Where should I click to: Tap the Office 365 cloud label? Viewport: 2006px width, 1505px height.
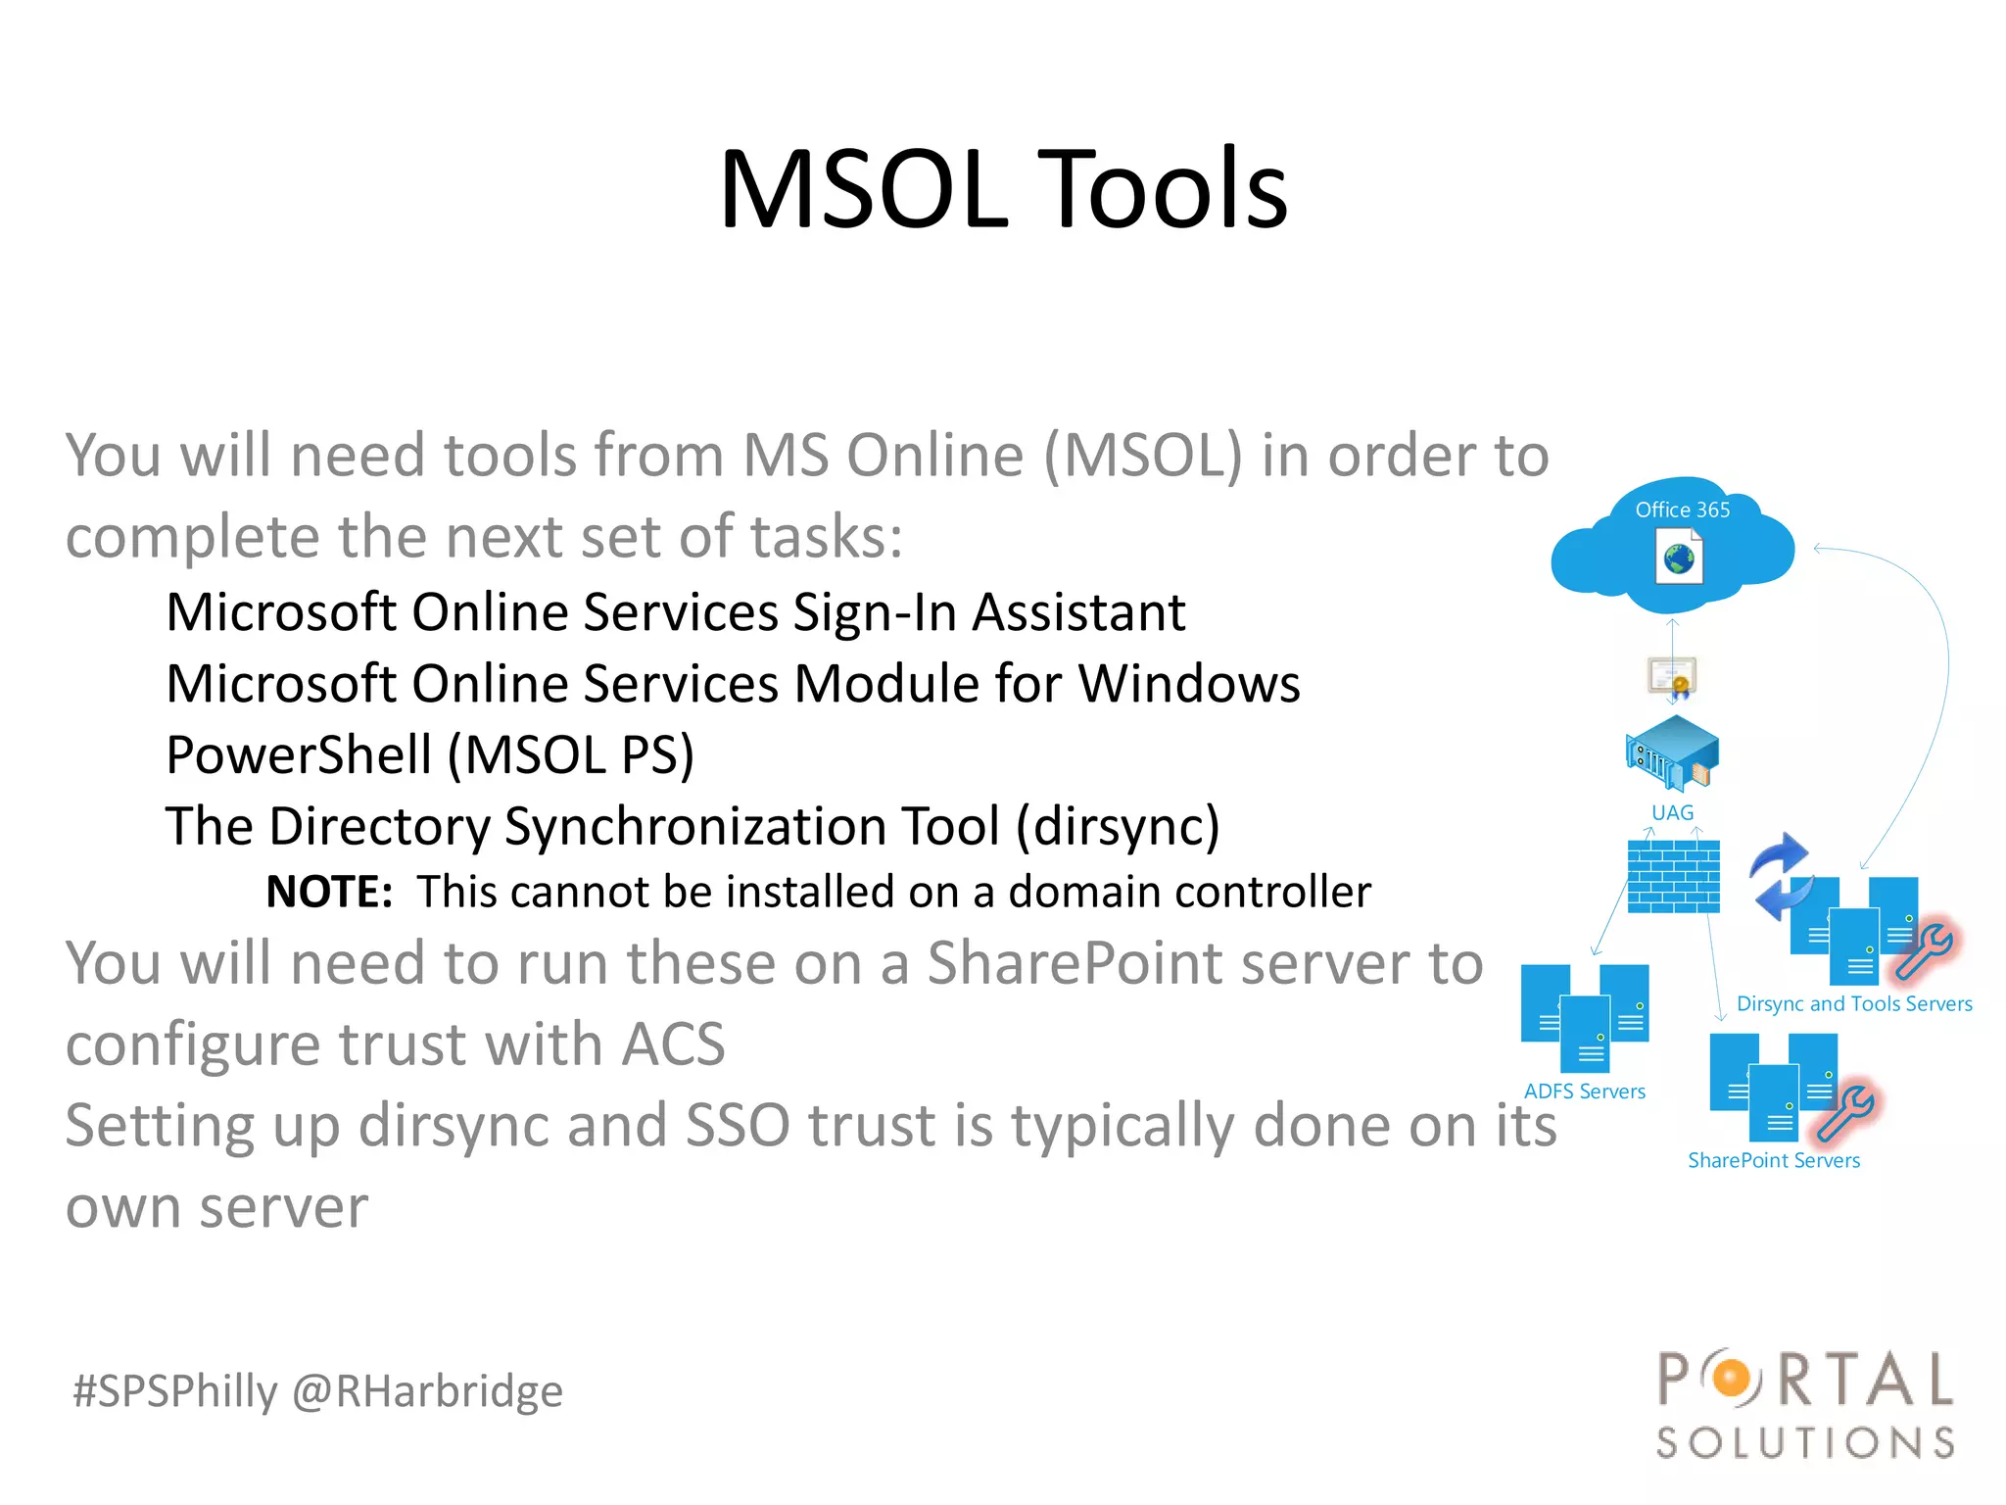(x=1682, y=510)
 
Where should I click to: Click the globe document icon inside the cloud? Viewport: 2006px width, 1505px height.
(x=1679, y=558)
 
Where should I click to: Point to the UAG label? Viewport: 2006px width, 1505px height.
(x=1672, y=812)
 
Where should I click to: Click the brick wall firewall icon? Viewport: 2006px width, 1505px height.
(x=1673, y=877)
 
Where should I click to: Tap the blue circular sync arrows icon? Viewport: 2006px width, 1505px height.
(x=1780, y=875)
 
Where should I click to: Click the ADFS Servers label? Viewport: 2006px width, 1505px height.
(x=1584, y=1092)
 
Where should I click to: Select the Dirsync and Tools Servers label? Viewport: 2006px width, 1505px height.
(x=1853, y=1003)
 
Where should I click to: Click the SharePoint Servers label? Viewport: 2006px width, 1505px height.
(x=1773, y=1160)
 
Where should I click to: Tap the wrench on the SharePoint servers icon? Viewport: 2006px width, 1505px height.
(x=1845, y=1113)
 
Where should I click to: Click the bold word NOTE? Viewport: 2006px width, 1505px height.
(x=329, y=892)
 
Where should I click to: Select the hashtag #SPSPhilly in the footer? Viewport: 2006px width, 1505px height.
(x=175, y=1391)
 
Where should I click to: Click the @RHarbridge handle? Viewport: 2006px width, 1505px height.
(x=428, y=1391)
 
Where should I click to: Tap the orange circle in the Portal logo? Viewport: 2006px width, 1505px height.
(x=1732, y=1379)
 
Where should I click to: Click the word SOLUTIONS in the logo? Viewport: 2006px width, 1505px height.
(x=1805, y=1442)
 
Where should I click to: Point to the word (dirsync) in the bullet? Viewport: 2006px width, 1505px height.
(x=1118, y=826)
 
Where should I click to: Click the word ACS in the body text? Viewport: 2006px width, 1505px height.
(x=674, y=1044)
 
